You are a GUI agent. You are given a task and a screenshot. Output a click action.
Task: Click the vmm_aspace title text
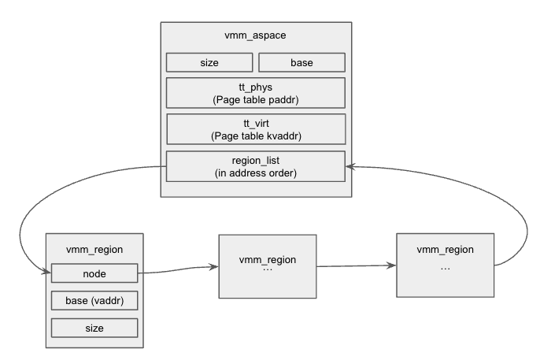(256, 37)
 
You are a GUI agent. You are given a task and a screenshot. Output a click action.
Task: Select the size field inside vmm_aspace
(209, 62)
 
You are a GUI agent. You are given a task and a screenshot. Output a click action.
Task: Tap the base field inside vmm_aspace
(301, 62)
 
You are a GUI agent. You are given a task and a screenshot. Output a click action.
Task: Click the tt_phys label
(256, 87)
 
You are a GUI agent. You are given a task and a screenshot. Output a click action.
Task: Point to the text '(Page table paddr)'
(256, 99)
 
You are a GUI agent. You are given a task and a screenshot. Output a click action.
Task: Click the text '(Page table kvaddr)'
(256, 135)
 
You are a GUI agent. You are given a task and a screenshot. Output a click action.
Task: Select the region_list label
(256, 161)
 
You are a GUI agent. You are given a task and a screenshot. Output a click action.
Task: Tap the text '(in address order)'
(256, 173)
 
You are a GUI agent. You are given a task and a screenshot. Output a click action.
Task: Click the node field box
(94, 273)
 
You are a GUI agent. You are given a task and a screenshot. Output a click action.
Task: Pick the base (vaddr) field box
(94, 300)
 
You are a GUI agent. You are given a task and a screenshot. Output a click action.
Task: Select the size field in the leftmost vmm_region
(94, 327)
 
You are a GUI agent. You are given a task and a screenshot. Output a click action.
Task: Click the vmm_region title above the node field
(94, 248)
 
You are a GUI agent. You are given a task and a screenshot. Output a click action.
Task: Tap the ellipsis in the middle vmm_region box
(267, 269)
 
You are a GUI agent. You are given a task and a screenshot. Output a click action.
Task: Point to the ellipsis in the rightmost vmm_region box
(446, 268)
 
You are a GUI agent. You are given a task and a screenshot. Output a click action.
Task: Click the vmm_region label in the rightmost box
(446, 250)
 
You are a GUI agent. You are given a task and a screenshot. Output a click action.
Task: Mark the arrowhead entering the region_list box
(350, 166)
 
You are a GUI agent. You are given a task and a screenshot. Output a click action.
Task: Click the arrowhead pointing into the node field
(46, 273)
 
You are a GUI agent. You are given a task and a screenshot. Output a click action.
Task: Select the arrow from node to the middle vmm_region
(177, 270)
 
